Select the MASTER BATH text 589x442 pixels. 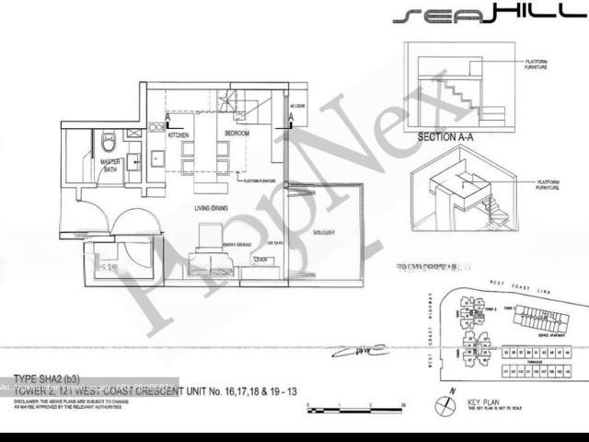click(111, 166)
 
